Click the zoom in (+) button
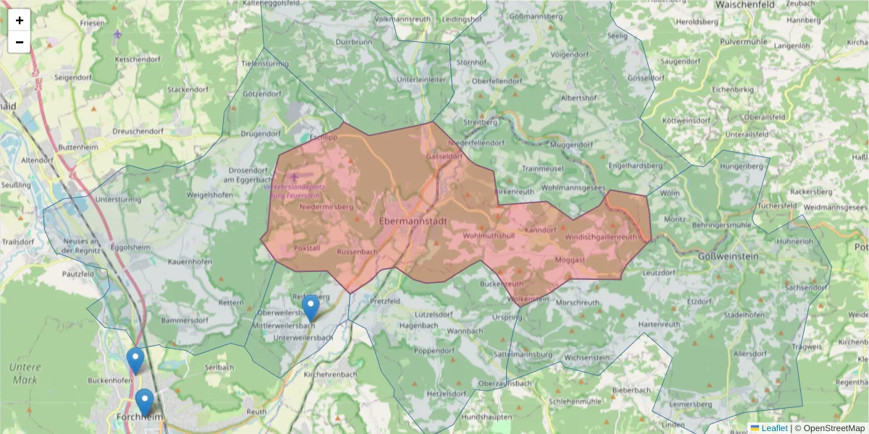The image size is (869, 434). (x=20, y=20)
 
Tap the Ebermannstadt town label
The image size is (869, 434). (x=413, y=221)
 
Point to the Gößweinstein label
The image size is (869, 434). (x=729, y=258)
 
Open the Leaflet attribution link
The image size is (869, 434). (x=773, y=428)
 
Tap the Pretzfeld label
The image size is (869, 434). (x=385, y=300)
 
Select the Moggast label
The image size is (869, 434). (x=570, y=258)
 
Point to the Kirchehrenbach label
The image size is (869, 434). (x=330, y=374)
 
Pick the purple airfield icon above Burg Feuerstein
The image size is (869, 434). (x=293, y=176)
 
